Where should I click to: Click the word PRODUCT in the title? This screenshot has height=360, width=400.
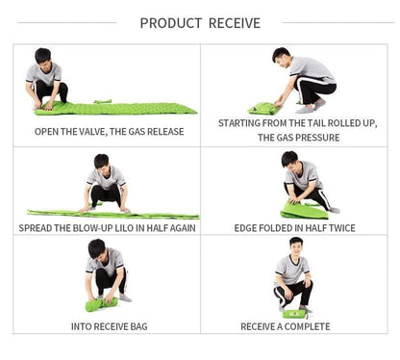[171, 23]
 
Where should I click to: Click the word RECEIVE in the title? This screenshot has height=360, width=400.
[235, 23]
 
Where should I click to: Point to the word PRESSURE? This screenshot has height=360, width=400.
[319, 138]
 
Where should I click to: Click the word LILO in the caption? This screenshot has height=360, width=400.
[124, 228]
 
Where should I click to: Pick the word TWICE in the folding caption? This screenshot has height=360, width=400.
[342, 228]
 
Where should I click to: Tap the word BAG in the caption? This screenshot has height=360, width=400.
[138, 326]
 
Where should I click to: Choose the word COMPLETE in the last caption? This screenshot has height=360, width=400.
[307, 326]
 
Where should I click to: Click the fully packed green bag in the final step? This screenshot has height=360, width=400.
[293, 314]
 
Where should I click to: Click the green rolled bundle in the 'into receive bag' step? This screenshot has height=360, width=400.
[101, 304]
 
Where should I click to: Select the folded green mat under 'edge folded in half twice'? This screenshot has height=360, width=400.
[304, 211]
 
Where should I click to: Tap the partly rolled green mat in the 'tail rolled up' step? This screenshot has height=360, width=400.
[264, 109]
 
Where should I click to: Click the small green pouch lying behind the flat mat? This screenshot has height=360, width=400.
[103, 101]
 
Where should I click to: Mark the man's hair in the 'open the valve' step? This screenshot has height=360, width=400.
[43, 55]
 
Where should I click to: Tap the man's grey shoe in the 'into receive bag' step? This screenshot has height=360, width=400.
[125, 298]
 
